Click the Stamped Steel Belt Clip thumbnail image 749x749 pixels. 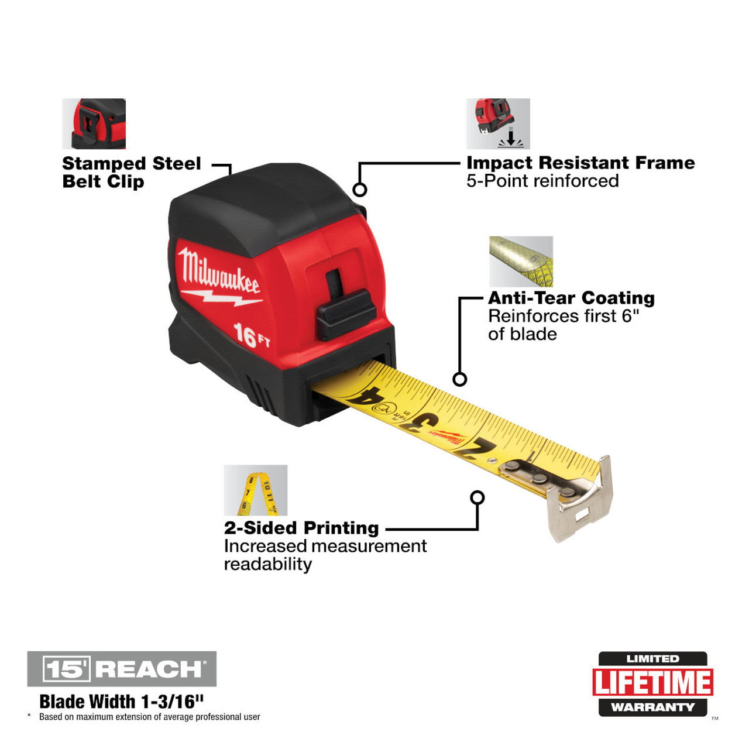tap(94, 123)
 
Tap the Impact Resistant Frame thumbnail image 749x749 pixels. tap(498, 123)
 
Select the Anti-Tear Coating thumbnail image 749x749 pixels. tap(521, 262)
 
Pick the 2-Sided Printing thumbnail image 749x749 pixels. tap(255, 490)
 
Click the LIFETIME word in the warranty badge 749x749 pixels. tap(652, 682)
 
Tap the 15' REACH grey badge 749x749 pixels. tap(122, 669)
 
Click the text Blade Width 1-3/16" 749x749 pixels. tap(122, 701)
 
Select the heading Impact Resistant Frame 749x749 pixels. tap(580, 163)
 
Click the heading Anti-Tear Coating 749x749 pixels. tap(571, 298)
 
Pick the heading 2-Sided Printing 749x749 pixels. tap(301, 528)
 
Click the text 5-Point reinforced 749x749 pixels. tap(542, 181)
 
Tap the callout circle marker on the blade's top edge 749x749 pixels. tap(460, 379)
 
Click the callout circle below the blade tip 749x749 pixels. tap(477, 497)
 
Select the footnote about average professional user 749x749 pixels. tap(149, 717)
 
